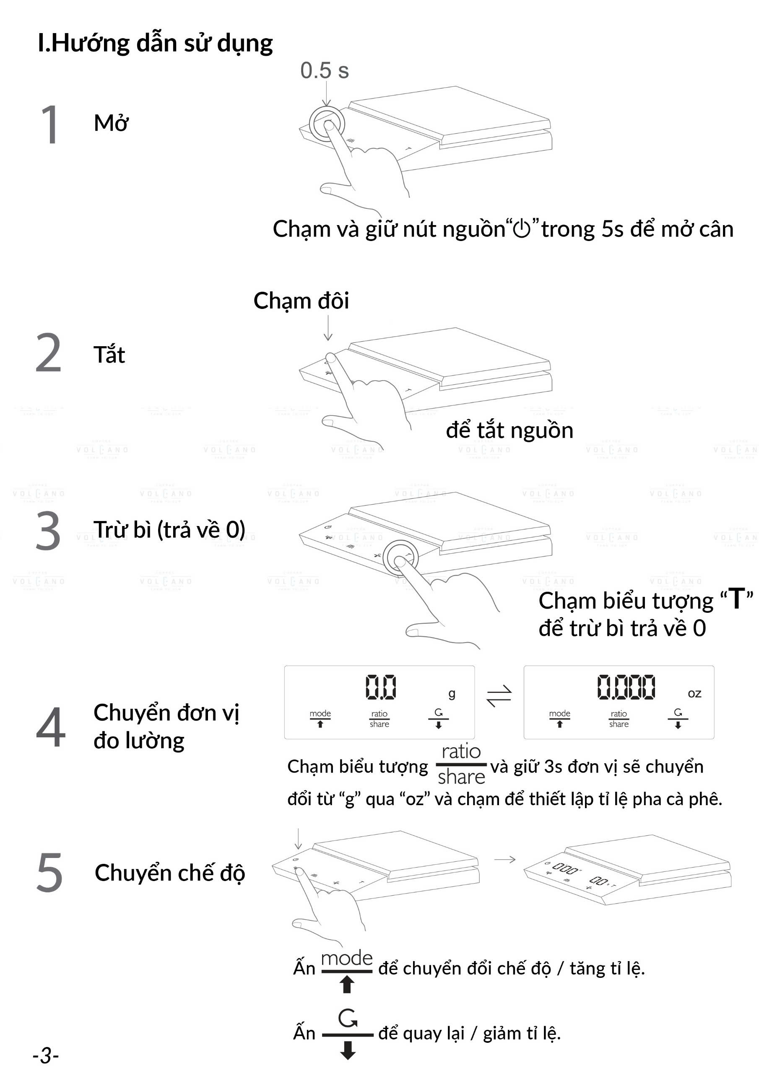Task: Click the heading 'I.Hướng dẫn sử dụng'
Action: coord(155,44)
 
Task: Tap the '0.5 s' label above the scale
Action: coord(324,70)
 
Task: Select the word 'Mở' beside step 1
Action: coord(111,123)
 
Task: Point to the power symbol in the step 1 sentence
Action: coord(522,229)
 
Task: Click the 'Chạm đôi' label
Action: coord(301,301)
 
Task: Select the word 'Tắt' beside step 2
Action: coord(109,355)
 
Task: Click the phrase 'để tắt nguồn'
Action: coord(509,430)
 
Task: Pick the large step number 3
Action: coord(48,531)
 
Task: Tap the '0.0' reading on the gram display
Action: coord(381,687)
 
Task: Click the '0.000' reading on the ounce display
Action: coord(626,687)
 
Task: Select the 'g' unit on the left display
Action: coord(451,694)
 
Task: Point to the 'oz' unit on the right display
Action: coord(694,694)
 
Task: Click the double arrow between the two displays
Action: coord(499,697)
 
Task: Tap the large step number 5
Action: coord(49,873)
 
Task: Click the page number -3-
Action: coord(46,1055)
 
